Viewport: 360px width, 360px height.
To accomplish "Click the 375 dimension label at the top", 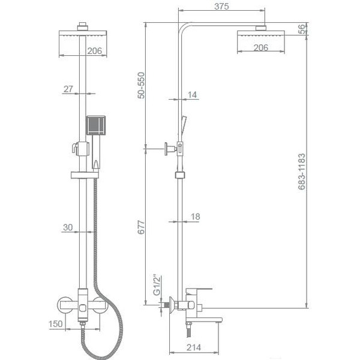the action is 221,7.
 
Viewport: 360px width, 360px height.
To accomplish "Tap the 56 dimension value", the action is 302,29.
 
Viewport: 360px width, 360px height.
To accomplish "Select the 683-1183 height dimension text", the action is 302,172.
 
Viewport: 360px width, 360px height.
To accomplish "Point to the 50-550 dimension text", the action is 141,85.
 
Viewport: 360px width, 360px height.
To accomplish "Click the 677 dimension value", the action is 141,227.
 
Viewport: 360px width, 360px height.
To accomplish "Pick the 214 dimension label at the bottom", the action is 194,347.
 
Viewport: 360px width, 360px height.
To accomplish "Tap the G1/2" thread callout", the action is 157,284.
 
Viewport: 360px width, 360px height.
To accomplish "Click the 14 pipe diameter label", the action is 193,95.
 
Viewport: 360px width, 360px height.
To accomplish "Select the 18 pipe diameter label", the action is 195,217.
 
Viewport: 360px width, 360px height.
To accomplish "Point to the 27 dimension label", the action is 68,89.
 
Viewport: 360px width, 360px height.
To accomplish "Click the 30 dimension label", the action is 68,227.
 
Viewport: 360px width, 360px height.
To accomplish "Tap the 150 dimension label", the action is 55,324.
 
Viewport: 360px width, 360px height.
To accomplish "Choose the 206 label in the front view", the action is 94,51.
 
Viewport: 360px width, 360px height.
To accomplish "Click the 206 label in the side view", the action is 261,47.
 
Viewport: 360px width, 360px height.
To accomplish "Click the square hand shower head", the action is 96,125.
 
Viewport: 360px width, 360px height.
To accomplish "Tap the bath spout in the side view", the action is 204,320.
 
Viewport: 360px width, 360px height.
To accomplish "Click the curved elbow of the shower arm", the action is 184,28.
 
